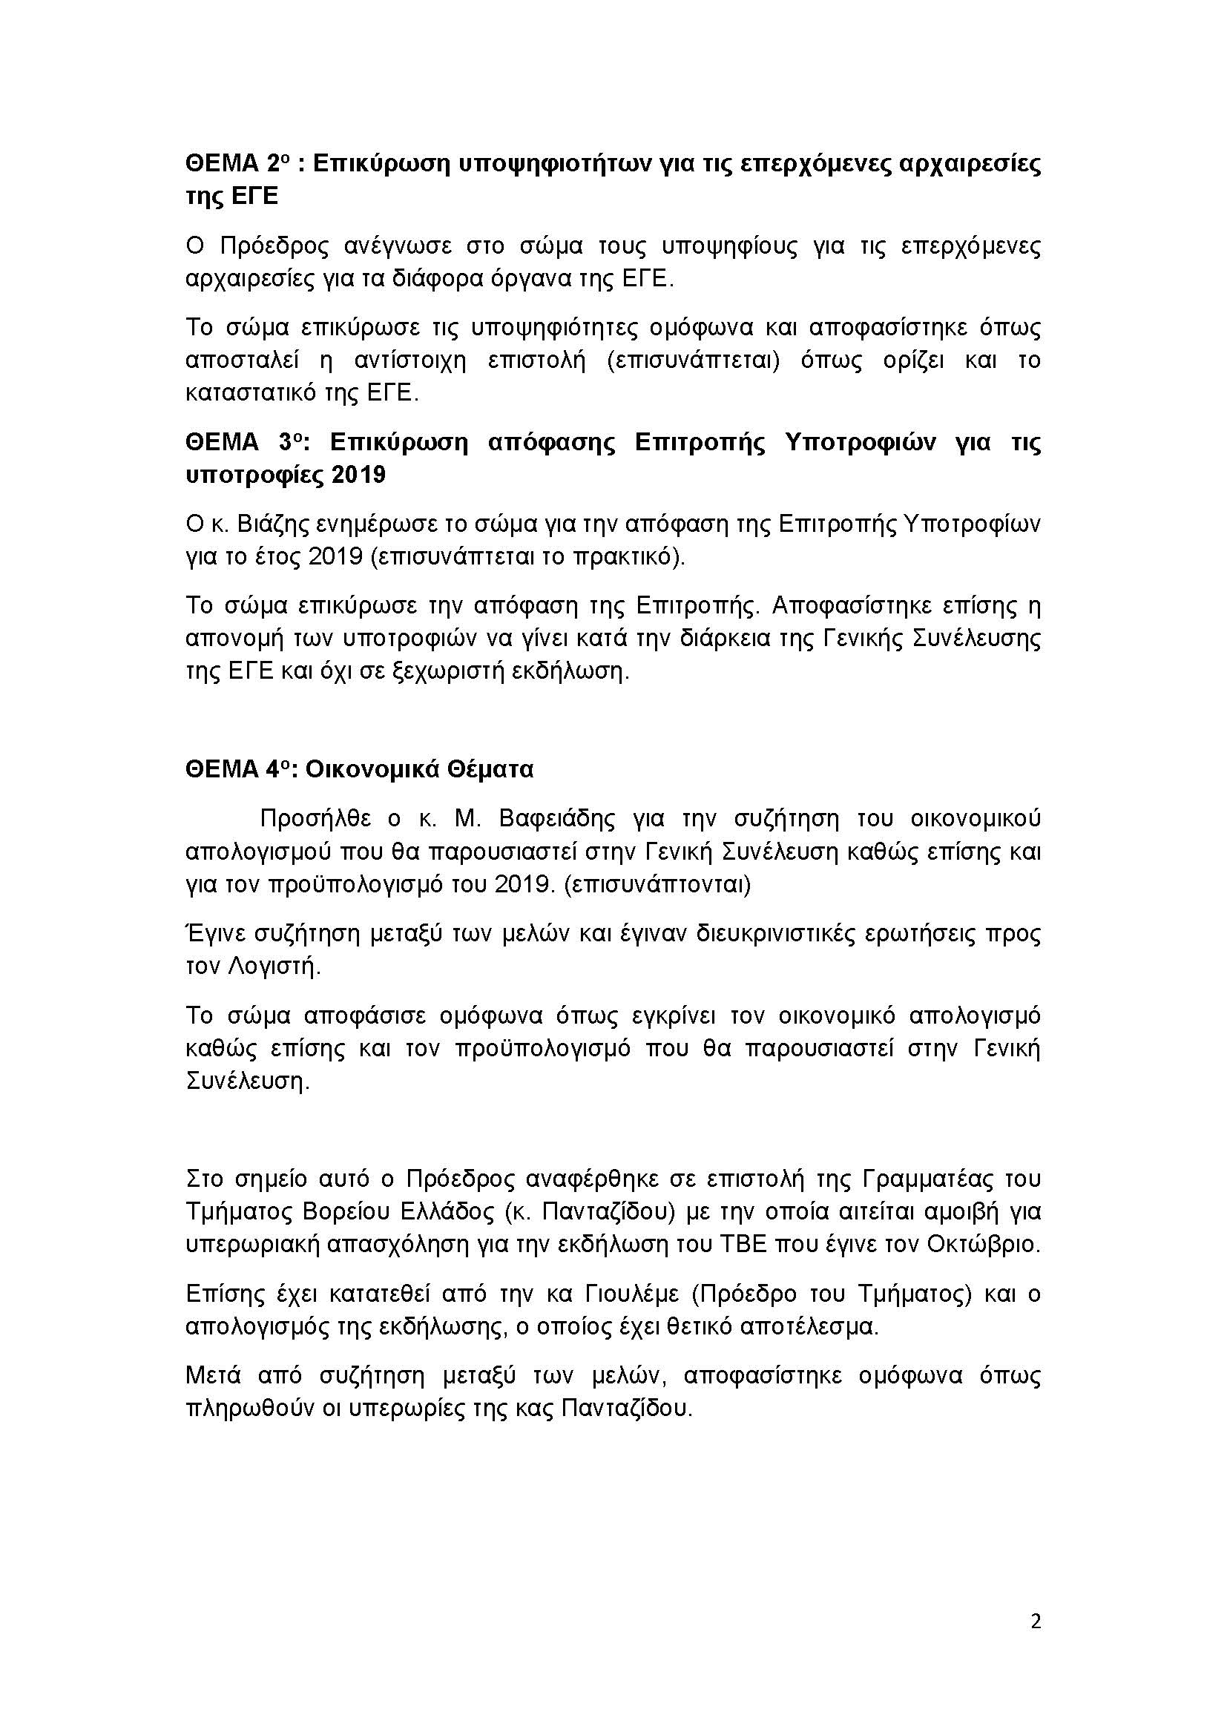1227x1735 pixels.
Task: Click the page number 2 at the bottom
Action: pos(1035,1622)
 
